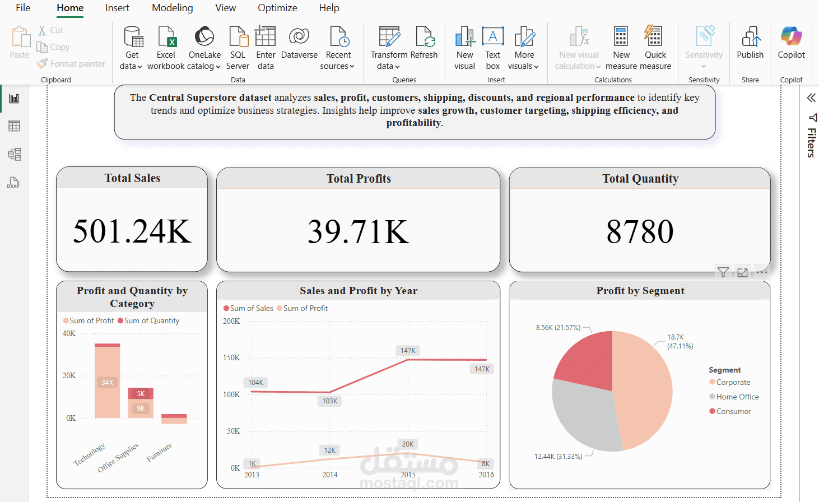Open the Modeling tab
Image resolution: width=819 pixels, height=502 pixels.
(x=172, y=8)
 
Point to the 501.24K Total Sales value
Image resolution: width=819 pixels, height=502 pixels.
(x=132, y=231)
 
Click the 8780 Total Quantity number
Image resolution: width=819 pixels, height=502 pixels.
(x=640, y=231)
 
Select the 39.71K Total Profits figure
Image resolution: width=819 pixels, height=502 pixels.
(x=359, y=231)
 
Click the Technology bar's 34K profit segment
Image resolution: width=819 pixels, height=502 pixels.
(x=107, y=383)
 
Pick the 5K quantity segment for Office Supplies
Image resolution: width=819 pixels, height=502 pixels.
(x=141, y=393)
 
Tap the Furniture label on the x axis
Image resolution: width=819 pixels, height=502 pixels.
(x=159, y=452)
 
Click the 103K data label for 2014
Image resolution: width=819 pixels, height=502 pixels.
(x=330, y=401)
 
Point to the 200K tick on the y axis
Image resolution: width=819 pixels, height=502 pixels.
(x=231, y=322)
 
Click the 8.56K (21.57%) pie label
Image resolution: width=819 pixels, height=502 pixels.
(x=558, y=328)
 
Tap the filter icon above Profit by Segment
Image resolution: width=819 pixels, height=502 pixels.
(x=723, y=273)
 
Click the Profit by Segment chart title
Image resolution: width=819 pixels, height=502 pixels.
(x=640, y=291)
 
